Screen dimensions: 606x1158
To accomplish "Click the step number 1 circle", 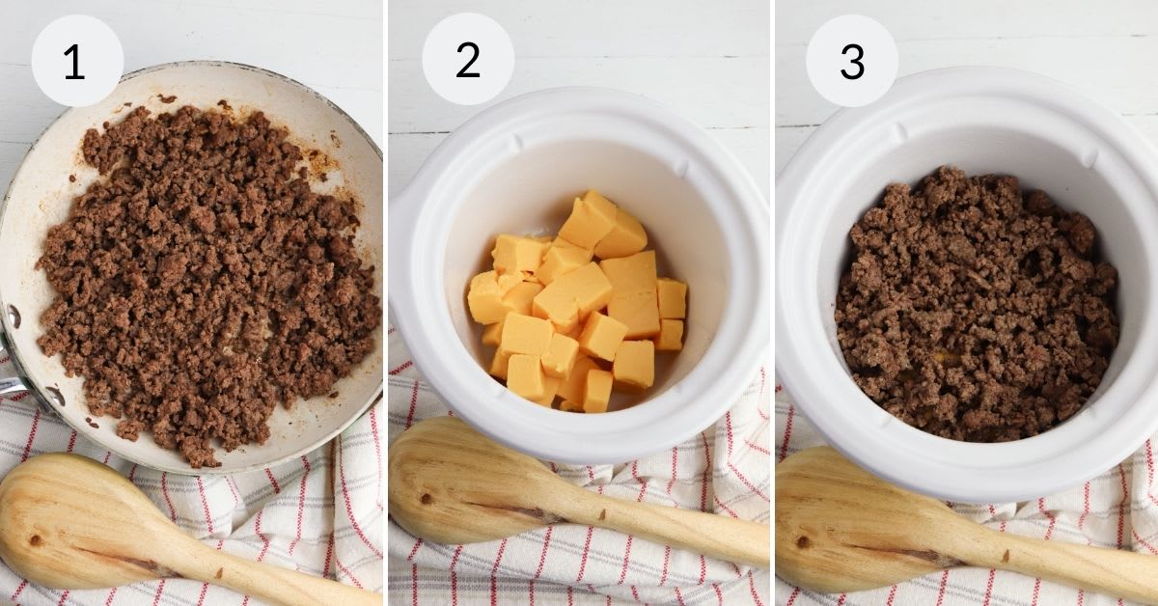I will (x=76, y=61).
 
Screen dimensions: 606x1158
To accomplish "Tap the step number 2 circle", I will (x=467, y=60).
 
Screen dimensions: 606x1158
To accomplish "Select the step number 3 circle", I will (x=852, y=60).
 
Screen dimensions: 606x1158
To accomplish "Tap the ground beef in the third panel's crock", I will (x=975, y=304).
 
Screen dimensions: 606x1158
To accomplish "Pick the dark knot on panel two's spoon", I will (x=426, y=499).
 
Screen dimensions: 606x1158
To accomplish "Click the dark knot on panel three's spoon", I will (x=804, y=541).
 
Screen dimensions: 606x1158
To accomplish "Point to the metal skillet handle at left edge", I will (x=10, y=386).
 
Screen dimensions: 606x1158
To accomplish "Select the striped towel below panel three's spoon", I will (x=965, y=589).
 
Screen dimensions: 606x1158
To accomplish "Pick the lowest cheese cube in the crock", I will (x=595, y=391).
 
